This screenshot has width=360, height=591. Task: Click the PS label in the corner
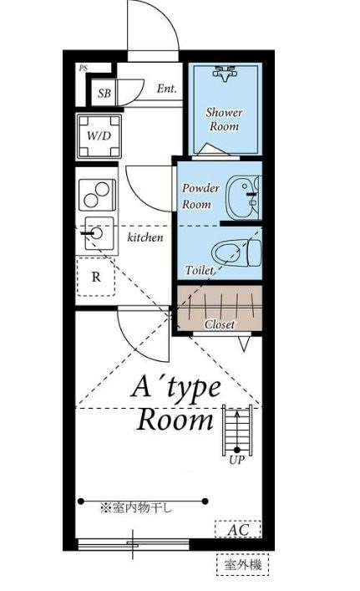pos(83,69)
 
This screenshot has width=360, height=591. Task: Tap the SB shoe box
pos(104,94)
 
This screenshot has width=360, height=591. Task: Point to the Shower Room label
pos(224,120)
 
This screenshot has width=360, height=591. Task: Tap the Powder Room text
pos(200,196)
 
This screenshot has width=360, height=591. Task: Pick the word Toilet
pos(200,271)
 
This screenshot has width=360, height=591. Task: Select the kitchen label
pos(145,238)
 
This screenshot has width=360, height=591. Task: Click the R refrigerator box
pos(97,278)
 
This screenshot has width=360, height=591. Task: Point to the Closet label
pos(220,324)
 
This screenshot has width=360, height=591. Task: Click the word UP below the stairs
pos(236,460)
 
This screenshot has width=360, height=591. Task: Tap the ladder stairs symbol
pos(236,428)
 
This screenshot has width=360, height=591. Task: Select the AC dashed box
pos(238,529)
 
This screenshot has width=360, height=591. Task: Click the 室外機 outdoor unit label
pos(243,566)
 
